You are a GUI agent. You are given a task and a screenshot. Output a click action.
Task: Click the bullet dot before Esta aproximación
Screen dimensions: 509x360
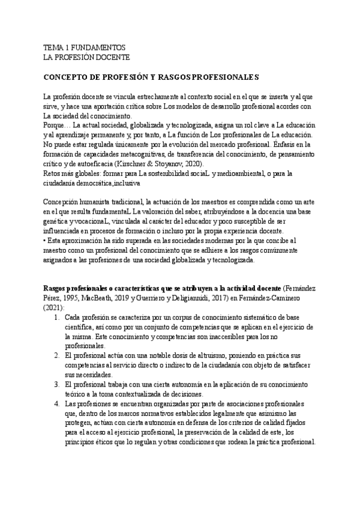(x=46, y=241)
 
